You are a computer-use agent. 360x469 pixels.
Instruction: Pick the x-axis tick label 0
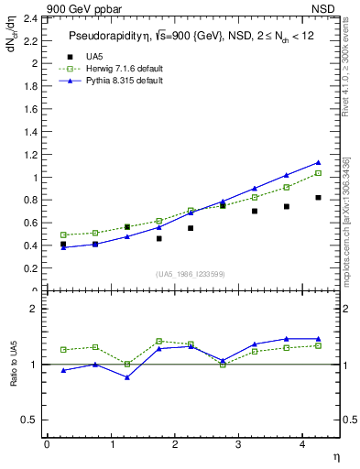[47, 445]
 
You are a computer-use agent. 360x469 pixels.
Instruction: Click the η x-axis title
[334, 457]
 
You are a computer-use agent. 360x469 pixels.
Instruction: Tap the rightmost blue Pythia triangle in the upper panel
[318, 163]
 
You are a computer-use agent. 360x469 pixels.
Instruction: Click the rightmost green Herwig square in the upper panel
[318, 173]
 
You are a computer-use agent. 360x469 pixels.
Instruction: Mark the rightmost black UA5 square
[318, 198]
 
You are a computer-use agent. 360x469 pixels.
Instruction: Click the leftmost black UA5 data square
[63, 245]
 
